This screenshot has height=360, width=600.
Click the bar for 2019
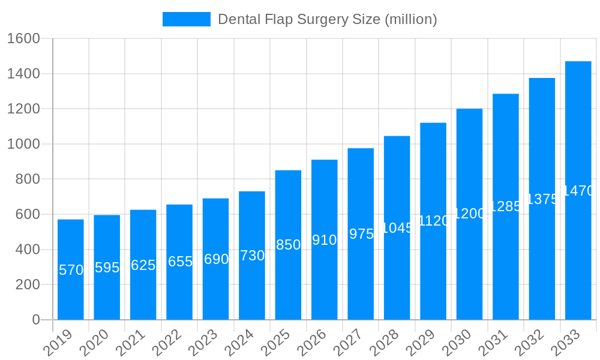click(x=71, y=269)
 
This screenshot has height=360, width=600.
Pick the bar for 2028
click(x=397, y=228)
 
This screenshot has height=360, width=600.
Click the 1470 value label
click(x=578, y=191)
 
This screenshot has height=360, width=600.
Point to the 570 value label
click(x=71, y=270)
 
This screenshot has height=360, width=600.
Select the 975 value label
click(x=361, y=234)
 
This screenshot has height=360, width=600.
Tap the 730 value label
click(x=252, y=256)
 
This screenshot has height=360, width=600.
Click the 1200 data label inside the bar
click(x=469, y=214)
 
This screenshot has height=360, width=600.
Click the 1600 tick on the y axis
click(x=23, y=39)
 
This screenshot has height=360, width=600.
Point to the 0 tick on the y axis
click(x=35, y=320)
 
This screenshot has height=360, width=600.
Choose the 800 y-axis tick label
click(x=27, y=179)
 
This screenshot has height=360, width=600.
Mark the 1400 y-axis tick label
click(x=23, y=74)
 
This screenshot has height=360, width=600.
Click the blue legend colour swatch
click(x=186, y=19)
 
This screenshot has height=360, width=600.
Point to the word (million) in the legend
click(x=410, y=19)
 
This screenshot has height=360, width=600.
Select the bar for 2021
click(x=143, y=265)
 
